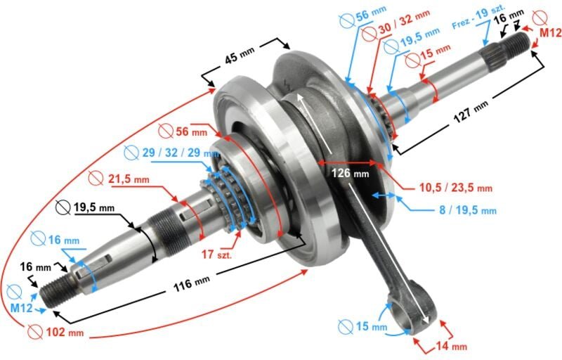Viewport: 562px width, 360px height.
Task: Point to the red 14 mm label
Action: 450,346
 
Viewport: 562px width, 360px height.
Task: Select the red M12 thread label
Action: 551,33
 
